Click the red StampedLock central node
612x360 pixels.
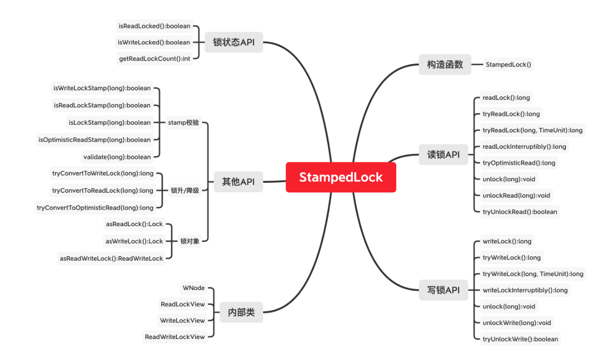click(x=340, y=177)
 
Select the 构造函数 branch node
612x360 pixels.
click(x=445, y=64)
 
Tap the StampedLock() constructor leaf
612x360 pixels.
click(x=508, y=64)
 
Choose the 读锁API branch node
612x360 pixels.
click(x=443, y=155)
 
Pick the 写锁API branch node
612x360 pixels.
click(x=443, y=290)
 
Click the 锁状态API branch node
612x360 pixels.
click(x=234, y=42)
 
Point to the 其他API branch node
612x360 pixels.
click(x=238, y=182)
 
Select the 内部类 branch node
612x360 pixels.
click(x=241, y=313)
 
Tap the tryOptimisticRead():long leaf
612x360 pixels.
click(x=519, y=163)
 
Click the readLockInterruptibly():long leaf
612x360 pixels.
click(x=524, y=147)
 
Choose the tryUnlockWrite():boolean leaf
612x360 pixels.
click(x=520, y=339)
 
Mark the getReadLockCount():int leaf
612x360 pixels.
click(x=154, y=58)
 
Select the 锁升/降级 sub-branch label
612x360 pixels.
click(x=185, y=190)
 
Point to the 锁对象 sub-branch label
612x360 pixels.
click(x=190, y=241)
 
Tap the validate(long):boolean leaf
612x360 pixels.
click(x=117, y=157)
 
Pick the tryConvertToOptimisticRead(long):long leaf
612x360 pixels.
click(x=95, y=208)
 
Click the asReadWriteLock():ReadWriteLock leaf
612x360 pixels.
click(x=111, y=259)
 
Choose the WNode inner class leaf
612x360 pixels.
click(x=192, y=288)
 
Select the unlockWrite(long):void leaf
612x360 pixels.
click(x=517, y=323)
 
